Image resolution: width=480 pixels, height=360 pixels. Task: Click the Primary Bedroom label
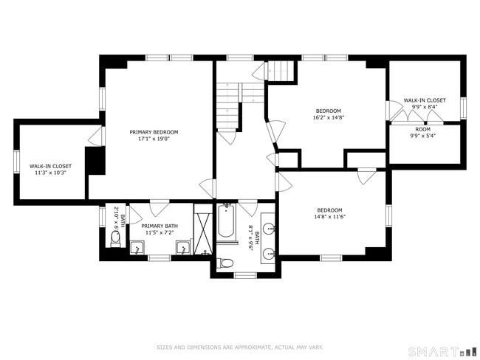[x=154, y=132]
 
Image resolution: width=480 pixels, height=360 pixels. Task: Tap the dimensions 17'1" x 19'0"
[x=154, y=139]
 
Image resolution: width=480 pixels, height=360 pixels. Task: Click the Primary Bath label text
[x=160, y=226]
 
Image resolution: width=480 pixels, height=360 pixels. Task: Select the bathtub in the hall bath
[x=227, y=225]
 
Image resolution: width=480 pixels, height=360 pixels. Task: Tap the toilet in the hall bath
[x=227, y=263]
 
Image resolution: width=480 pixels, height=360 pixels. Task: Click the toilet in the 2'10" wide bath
[x=115, y=238]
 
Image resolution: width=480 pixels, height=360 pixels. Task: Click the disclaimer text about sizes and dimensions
[x=239, y=347]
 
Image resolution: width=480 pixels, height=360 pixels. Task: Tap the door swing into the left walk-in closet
[x=95, y=137]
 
